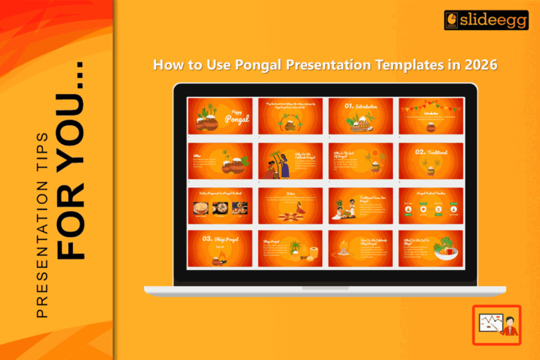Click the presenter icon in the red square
pyautogui.click(x=496, y=324)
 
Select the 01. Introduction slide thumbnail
pyautogui.click(x=361, y=116)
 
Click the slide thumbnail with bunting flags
pyautogui.click(x=431, y=116)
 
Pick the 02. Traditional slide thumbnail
pyautogui.click(x=431, y=161)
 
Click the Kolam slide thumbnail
pyautogui.click(x=290, y=205)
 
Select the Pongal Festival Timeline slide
pyautogui.click(x=431, y=205)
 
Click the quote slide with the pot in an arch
pyautogui.click(x=290, y=116)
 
